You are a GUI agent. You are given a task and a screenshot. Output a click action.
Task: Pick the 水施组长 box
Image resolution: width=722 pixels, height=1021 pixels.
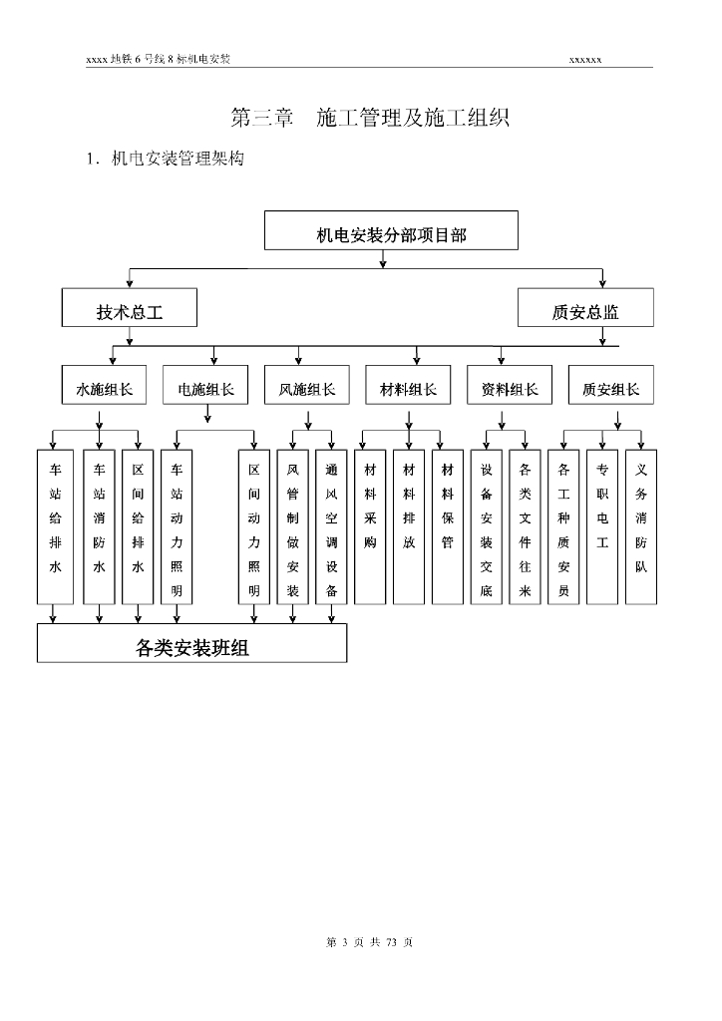(105, 386)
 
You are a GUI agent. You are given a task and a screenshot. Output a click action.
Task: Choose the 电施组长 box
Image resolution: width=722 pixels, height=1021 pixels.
(206, 386)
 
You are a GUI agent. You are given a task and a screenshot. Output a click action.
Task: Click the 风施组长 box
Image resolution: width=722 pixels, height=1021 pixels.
(307, 386)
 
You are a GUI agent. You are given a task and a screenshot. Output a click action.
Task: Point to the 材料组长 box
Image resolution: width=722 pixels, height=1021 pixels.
(409, 386)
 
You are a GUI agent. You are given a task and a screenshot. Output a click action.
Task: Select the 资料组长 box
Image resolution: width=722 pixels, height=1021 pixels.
(510, 386)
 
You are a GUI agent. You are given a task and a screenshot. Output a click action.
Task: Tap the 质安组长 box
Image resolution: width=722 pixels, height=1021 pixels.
(611, 386)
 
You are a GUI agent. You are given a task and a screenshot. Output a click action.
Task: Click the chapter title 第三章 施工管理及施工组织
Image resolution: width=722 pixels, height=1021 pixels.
(370, 118)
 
